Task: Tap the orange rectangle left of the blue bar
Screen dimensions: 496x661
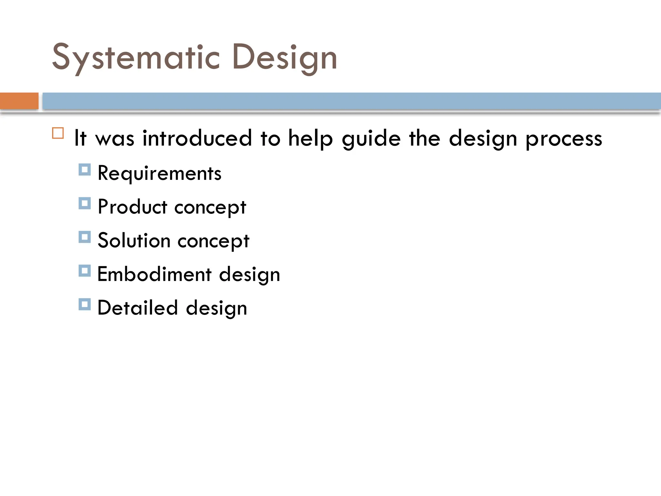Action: (x=19, y=101)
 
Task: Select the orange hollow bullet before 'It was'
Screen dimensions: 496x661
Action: (x=58, y=133)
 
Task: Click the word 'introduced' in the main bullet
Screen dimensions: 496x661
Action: (x=197, y=138)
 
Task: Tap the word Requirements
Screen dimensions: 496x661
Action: (x=159, y=173)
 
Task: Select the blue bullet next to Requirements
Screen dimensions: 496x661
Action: (x=85, y=170)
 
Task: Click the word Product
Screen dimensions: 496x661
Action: (x=132, y=207)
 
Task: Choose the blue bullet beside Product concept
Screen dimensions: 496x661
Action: (x=85, y=203)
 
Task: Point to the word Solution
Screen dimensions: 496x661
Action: (x=134, y=241)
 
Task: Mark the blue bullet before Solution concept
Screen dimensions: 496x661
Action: (x=85, y=237)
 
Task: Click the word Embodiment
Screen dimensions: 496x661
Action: (x=154, y=274)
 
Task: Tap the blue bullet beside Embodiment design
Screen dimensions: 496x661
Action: (x=85, y=271)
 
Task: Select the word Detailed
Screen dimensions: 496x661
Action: (x=137, y=308)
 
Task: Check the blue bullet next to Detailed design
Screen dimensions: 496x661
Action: (x=85, y=305)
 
